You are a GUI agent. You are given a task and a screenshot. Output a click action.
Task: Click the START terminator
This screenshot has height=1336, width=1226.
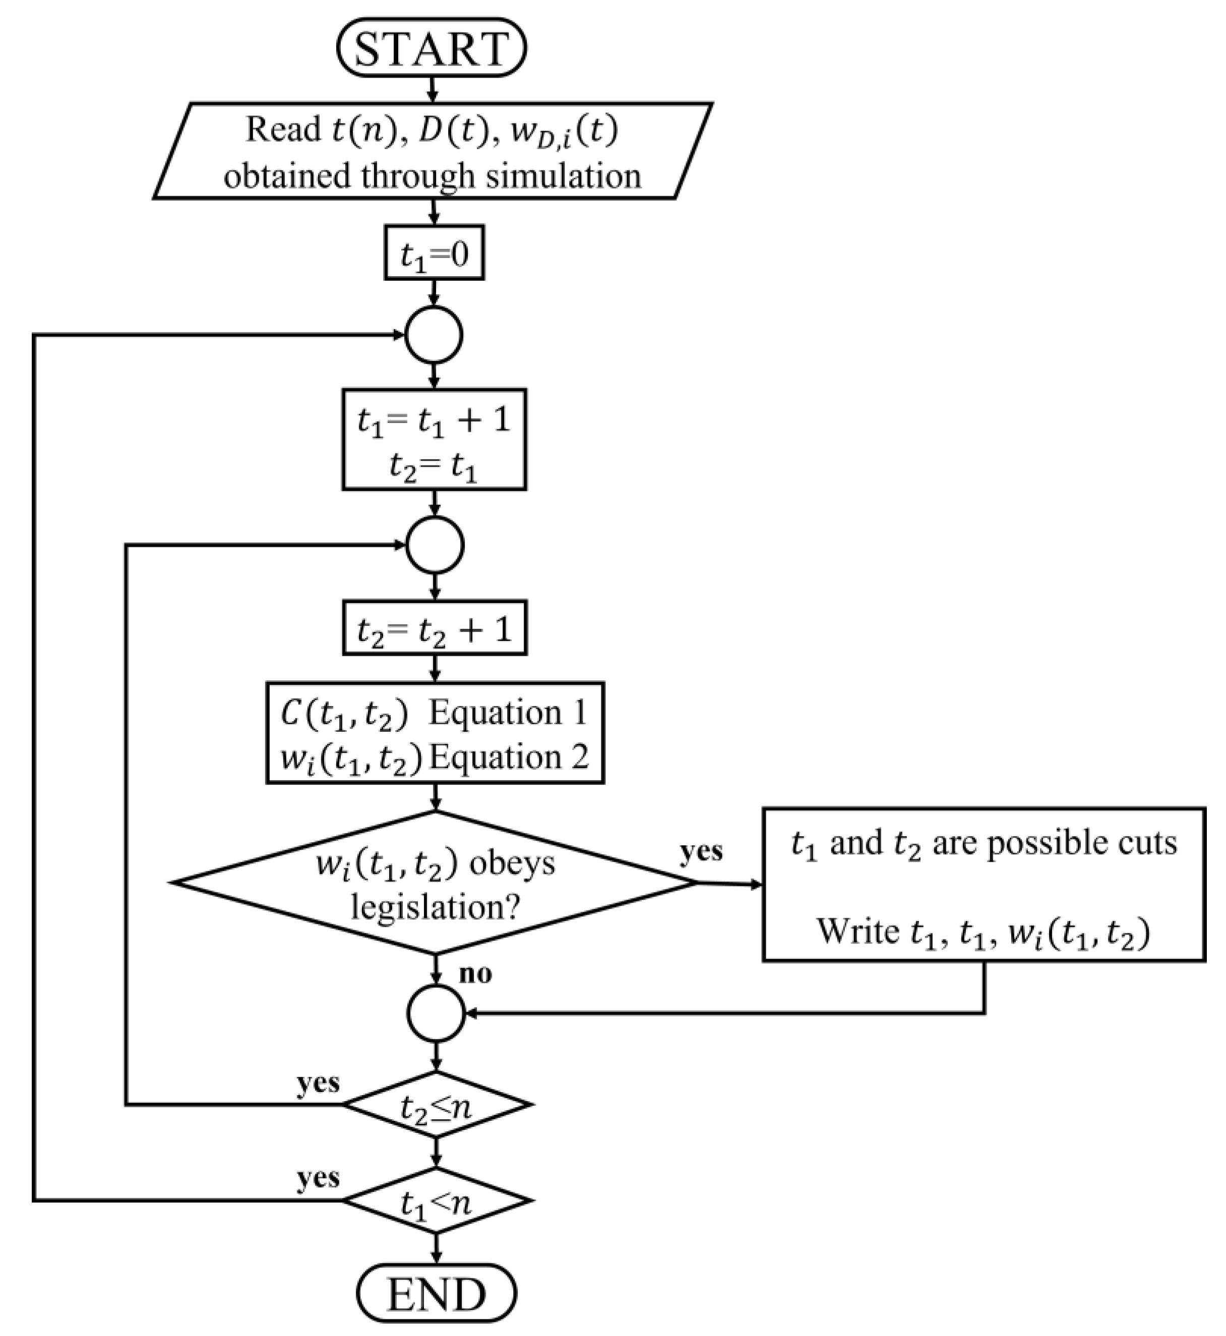pyautogui.click(x=432, y=48)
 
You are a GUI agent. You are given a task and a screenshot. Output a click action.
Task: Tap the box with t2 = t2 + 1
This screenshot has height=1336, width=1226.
pyautogui.click(x=435, y=627)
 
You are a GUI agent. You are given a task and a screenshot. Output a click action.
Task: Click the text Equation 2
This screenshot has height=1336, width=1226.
pyautogui.click(x=509, y=757)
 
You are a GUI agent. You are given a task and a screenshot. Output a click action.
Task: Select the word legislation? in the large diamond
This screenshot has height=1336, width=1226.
pyautogui.click(x=435, y=906)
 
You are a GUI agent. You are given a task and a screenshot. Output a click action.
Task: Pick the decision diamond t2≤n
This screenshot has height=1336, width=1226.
pyautogui.click(x=436, y=1105)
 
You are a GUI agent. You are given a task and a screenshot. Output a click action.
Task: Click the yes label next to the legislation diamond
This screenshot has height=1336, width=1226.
pyautogui.click(x=701, y=850)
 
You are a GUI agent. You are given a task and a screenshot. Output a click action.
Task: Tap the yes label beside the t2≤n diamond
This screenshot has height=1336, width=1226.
pyautogui.click(x=318, y=1083)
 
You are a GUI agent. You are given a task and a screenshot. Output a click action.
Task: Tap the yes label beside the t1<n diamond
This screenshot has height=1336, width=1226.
pyautogui.click(x=318, y=1178)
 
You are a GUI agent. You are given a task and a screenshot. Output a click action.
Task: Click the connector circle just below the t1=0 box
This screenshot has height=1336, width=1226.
pyautogui.click(x=433, y=335)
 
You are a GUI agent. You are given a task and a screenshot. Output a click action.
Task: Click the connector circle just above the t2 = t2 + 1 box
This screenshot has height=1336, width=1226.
pyautogui.click(x=435, y=545)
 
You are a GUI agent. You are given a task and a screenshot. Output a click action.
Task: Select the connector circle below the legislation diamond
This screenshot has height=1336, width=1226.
pyautogui.click(x=436, y=1013)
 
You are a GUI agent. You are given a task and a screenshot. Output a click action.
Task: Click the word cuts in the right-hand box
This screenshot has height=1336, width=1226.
pyautogui.click(x=1144, y=843)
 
